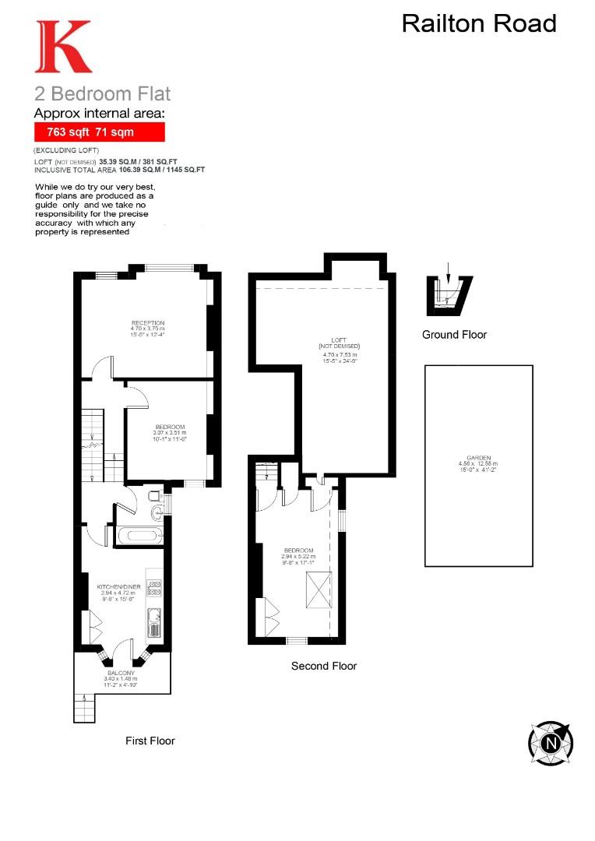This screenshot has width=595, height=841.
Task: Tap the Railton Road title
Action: click(478, 23)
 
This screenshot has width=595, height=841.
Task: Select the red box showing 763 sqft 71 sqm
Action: click(100, 132)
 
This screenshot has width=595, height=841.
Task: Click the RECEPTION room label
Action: click(147, 323)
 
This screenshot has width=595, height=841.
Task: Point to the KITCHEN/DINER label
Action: click(118, 586)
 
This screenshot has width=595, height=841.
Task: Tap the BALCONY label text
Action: click(121, 673)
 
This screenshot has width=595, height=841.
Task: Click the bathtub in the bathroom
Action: click(140, 536)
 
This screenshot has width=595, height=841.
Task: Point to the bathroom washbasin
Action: click(159, 512)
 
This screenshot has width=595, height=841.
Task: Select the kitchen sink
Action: click(153, 624)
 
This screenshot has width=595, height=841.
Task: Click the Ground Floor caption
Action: click(454, 335)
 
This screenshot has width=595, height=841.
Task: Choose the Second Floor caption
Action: click(324, 666)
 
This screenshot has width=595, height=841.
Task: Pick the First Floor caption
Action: click(150, 741)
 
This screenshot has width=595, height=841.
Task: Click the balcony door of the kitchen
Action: click(121, 650)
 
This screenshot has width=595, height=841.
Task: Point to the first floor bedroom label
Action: click(170, 427)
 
